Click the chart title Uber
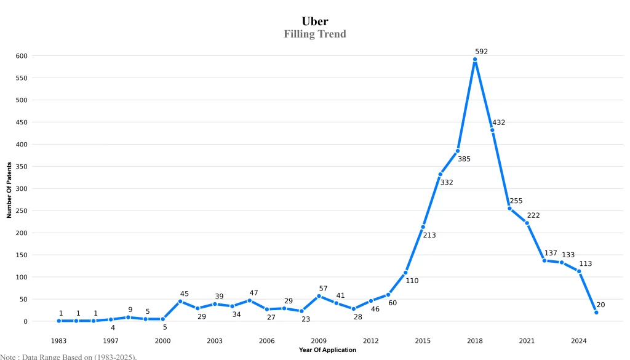[314, 22]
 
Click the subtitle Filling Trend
[314, 34]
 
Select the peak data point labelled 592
[475, 60]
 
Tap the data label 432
[498, 122]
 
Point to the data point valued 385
[458, 151]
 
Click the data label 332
[446, 182]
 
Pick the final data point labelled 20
[596, 313]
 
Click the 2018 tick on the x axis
[474, 340]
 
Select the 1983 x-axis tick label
[58, 340]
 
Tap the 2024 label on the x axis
[578, 340]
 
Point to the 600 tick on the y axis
[22, 56]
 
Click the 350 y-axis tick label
[22, 167]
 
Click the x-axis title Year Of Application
[327, 350]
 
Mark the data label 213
[429, 235]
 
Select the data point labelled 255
[509, 209]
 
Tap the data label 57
[323, 288]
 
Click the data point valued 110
[405, 273]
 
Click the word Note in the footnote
[7, 356]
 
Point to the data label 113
[585, 263]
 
